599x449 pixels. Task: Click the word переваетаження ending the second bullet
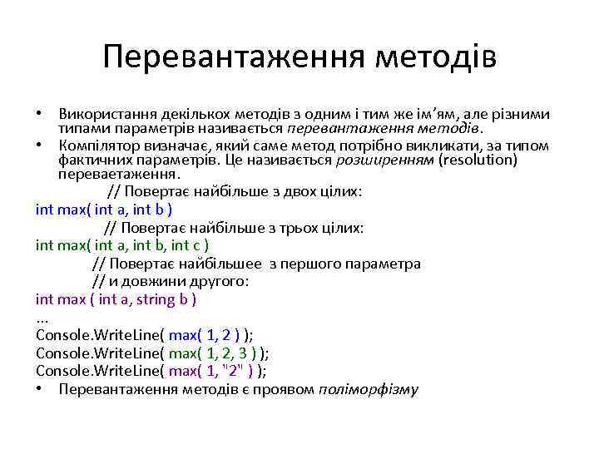(117, 174)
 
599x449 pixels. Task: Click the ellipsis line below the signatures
(43, 317)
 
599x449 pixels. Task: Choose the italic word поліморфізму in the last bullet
(369, 390)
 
